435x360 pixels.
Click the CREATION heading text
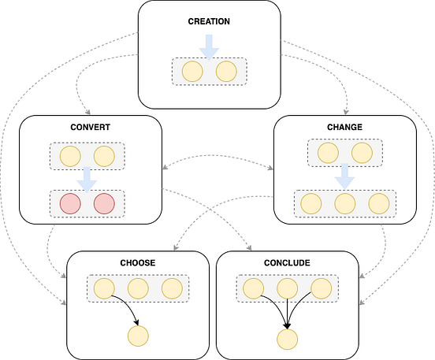pos(209,21)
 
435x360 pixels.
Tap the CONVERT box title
pos(90,128)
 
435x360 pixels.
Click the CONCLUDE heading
pos(287,262)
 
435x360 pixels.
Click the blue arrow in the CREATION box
pos(209,46)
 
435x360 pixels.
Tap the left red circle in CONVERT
pos(70,204)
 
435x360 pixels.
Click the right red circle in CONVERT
pos(105,204)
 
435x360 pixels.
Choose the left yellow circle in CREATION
pos(192,72)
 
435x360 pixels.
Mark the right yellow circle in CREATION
pos(226,72)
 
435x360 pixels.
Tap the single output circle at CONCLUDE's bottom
pos(287,340)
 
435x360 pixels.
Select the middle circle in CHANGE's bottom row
pos(344,203)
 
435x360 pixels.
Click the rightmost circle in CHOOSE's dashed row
pos(172,288)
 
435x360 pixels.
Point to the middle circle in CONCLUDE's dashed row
pos(287,288)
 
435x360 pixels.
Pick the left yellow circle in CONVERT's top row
pos(70,155)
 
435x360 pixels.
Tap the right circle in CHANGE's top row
pos(361,153)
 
